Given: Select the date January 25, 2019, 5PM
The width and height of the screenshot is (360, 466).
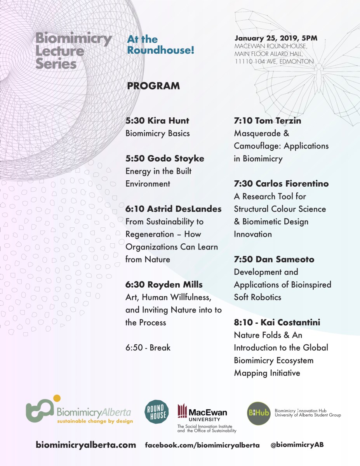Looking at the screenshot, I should (x=276, y=38).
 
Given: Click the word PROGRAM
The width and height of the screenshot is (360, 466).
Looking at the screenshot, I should (x=153, y=86).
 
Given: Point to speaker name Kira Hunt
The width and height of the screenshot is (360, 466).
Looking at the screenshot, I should (x=168, y=120).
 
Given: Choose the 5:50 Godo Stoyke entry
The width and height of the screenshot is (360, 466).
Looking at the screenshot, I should (x=165, y=159).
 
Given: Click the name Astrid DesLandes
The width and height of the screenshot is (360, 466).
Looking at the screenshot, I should (x=184, y=209).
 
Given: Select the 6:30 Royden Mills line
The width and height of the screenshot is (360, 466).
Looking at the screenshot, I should (x=164, y=285).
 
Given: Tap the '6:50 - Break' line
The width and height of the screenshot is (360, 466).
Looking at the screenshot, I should (x=148, y=347).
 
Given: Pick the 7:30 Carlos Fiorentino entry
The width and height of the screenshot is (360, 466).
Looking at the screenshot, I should (x=281, y=183).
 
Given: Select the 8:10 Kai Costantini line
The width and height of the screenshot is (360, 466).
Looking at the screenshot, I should (x=277, y=323).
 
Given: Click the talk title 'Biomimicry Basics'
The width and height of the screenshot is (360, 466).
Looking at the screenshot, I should (x=157, y=133).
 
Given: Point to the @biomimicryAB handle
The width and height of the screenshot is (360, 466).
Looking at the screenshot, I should (x=297, y=445).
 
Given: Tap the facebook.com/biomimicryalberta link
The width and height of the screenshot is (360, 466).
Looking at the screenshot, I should (x=202, y=445).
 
